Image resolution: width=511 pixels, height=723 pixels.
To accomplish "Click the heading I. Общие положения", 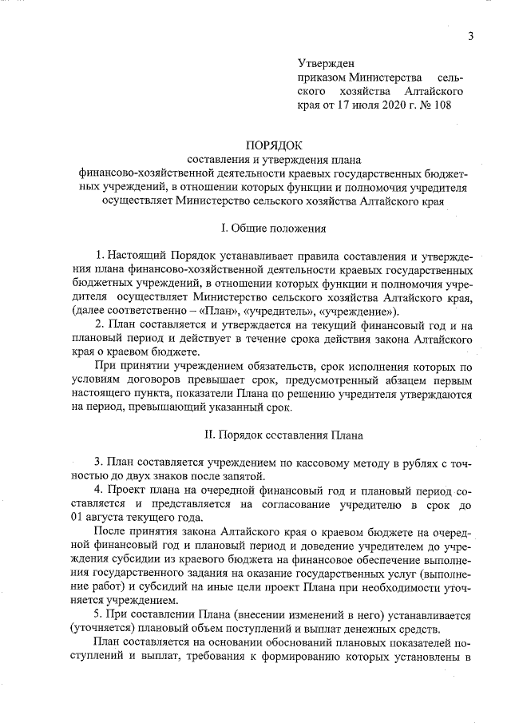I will tap(274, 228).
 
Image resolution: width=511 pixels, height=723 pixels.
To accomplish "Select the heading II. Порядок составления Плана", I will tap(274, 435).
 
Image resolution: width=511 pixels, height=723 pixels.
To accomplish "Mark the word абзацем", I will tap(413, 380).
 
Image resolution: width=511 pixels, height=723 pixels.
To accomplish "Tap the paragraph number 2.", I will tap(98, 325).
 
